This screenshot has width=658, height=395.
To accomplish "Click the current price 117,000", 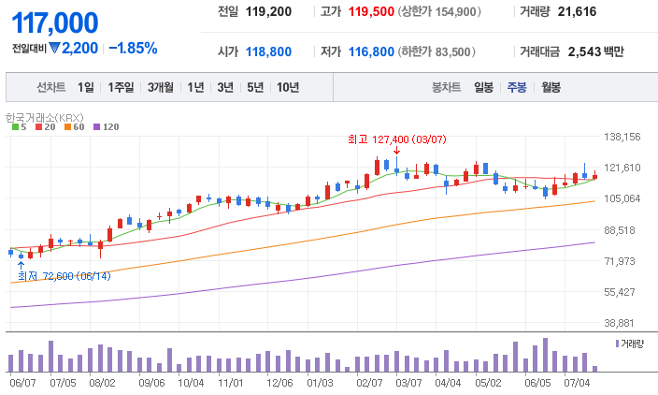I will (54, 22).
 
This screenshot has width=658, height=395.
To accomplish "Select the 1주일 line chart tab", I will (122, 87).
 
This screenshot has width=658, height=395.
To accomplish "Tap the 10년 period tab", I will (288, 87).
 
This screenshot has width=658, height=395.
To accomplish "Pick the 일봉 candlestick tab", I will (483, 87).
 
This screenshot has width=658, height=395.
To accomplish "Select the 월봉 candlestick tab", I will (551, 87).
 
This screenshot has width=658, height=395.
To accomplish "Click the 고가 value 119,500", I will (367, 12).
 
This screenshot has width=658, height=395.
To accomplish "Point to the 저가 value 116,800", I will (367, 52).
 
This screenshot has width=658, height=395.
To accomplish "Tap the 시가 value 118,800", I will (268, 52).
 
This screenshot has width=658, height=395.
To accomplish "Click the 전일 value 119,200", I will (268, 12).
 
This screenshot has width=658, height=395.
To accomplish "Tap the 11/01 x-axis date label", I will (230, 382).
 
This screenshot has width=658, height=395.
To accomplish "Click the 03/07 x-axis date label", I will (408, 382).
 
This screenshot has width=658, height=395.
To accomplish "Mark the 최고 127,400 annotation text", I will (396, 139).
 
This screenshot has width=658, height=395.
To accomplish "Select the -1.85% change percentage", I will (133, 48).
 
